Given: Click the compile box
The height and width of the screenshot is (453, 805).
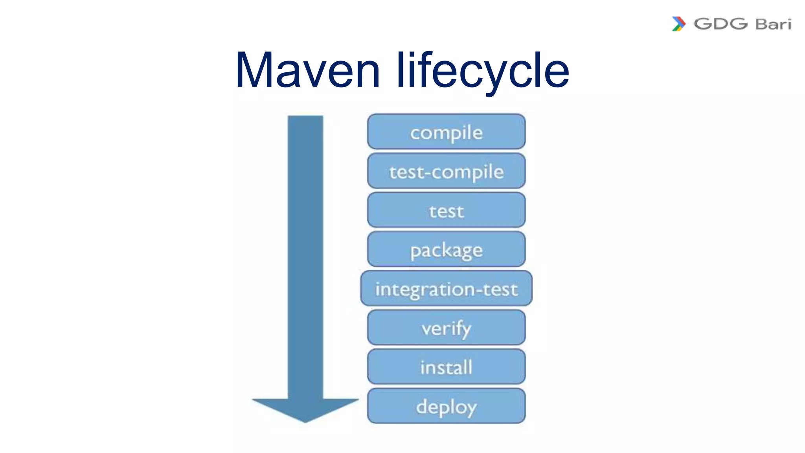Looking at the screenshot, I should click(446, 132).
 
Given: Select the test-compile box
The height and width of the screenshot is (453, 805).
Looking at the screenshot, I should click(446, 171).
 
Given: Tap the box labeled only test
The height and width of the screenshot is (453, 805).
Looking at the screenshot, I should click(446, 210).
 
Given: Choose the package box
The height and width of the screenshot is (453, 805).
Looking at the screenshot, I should click(446, 249).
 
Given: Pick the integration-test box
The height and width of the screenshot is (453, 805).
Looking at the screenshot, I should click(446, 289).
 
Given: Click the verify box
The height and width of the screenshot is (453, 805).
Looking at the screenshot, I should click(446, 328).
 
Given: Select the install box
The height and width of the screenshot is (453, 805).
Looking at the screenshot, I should click(446, 367).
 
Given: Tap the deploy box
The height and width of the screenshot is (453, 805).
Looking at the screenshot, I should click(446, 406).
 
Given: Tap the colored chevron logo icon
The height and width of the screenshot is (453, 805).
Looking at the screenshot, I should click(678, 24).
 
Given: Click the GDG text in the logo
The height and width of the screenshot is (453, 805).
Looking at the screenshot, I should click(720, 24).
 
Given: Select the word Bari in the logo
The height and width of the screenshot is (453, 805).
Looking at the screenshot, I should click(773, 24).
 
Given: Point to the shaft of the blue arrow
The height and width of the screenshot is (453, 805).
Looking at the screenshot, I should click(305, 256).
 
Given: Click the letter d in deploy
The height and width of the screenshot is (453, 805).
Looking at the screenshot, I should click(422, 406).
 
